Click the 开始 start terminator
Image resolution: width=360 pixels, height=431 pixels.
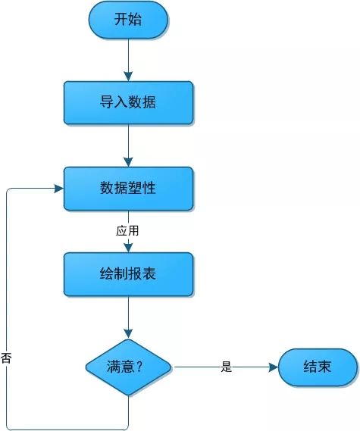[128, 20]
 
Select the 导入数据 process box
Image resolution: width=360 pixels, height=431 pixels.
[128, 102]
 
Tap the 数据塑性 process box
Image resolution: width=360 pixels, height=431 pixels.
[128, 189]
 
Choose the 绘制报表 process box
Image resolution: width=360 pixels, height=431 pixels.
[128, 274]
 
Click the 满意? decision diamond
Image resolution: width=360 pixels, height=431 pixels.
[128, 367]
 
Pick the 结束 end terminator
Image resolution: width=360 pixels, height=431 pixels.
[318, 367]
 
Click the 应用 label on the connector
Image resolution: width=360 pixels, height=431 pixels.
[127, 230]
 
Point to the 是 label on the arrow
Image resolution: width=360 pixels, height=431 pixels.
[227, 367]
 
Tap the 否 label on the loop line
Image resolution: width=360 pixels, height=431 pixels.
[6, 358]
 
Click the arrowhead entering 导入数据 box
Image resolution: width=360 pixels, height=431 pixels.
[128, 77]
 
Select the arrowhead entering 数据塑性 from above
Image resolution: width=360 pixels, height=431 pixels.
[128, 162]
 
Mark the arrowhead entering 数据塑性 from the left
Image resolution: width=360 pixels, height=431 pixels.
[59, 189]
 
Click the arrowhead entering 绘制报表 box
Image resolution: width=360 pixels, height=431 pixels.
[128, 248]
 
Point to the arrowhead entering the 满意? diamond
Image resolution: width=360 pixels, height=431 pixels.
[128, 334]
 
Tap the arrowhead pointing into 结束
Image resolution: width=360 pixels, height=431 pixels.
[274, 367]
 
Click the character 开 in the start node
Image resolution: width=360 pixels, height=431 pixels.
[121, 20]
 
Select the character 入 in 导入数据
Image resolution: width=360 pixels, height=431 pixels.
[121, 102]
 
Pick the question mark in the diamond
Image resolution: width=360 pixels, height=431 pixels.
[139, 367]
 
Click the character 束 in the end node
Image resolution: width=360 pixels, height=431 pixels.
[325, 367]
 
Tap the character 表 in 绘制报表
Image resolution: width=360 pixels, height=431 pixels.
[149, 273]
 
